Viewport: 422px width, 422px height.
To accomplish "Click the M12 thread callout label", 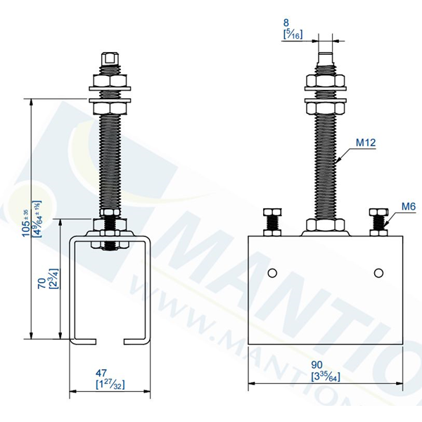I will [366, 143].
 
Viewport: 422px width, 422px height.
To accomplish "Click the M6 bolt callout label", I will [409, 206].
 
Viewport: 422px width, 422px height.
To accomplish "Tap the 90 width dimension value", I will [318, 364].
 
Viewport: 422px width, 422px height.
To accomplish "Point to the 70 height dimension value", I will [42, 283].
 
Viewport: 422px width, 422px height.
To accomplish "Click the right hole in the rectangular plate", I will [380, 273].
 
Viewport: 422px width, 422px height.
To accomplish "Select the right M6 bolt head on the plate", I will [378, 213].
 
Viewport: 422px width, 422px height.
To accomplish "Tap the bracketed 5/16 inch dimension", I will [292, 34].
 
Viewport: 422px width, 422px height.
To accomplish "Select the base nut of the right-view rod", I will [325, 226].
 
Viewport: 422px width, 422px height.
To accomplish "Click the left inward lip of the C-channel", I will [84, 342].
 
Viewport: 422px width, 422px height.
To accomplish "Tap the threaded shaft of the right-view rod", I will [325, 162].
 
